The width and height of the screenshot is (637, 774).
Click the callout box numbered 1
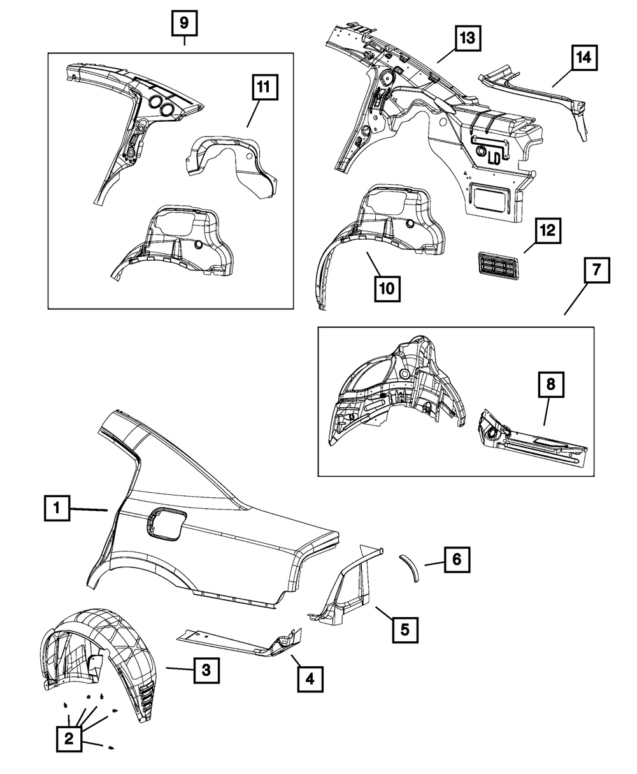(x=57, y=508)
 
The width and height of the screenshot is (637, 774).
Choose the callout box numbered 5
(x=406, y=630)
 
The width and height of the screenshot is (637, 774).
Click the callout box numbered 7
(x=597, y=270)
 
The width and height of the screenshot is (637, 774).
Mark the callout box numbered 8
(x=551, y=385)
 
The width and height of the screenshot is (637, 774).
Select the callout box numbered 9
(x=185, y=24)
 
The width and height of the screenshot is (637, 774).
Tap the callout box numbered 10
(x=387, y=289)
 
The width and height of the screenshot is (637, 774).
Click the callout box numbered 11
(x=265, y=87)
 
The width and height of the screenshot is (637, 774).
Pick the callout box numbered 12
(x=548, y=231)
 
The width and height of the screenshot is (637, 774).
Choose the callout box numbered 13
(x=468, y=38)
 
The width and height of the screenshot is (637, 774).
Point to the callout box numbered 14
(x=584, y=58)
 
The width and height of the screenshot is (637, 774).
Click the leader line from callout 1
(x=89, y=509)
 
